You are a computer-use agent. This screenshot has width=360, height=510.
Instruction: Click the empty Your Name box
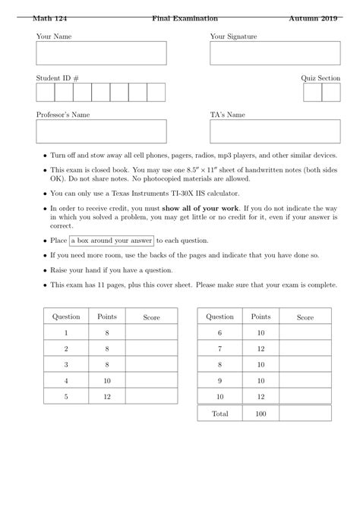click(101, 53)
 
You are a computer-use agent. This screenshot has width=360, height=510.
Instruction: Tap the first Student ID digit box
click(45, 93)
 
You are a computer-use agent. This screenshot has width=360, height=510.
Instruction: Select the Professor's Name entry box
click(101, 131)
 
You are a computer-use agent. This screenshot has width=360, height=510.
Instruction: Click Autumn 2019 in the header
click(314, 17)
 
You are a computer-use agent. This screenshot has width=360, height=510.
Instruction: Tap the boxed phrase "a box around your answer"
click(111, 241)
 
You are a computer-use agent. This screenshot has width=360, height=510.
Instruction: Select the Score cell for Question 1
click(151, 332)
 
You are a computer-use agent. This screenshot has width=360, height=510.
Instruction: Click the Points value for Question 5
click(107, 396)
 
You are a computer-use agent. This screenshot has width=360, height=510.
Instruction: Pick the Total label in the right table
click(219, 414)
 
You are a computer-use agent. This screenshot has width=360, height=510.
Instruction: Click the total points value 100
click(261, 414)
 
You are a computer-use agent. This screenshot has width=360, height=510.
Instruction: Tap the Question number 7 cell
click(219, 348)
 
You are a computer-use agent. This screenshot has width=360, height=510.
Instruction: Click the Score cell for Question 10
click(305, 396)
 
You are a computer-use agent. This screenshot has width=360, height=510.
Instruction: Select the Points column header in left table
click(107, 316)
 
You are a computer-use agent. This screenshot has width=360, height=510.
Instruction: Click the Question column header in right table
click(219, 316)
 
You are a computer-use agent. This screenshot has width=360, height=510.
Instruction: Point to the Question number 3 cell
click(66, 364)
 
